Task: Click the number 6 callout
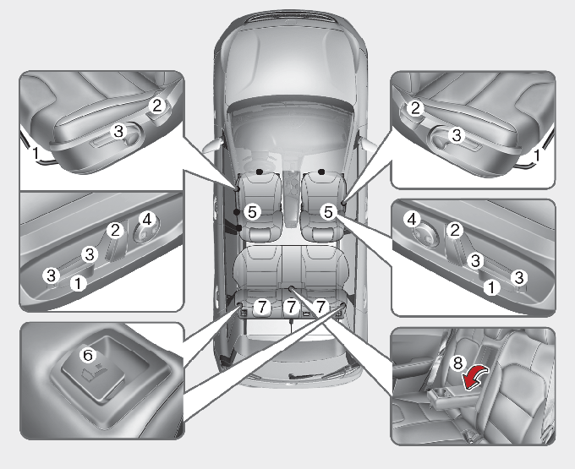coord(88,355)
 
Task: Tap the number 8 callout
coord(457,363)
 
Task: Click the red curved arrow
coord(475,379)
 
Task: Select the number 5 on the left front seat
coord(252,212)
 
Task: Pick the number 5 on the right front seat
coord(328,212)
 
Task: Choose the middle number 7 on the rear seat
coord(292,307)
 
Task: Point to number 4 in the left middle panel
coord(146,220)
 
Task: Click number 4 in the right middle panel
coord(412,220)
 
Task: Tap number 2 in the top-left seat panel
coord(157,106)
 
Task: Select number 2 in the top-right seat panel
coord(415,108)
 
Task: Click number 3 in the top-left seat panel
coord(118,131)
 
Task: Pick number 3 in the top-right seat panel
coord(457,135)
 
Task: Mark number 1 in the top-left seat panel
coord(36,152)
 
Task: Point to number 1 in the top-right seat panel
coord(537,155)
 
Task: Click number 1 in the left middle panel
coord(78,283)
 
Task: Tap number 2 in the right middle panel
coord(455,231)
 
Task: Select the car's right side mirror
coord(368,143)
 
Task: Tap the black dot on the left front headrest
coord(260,172)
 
